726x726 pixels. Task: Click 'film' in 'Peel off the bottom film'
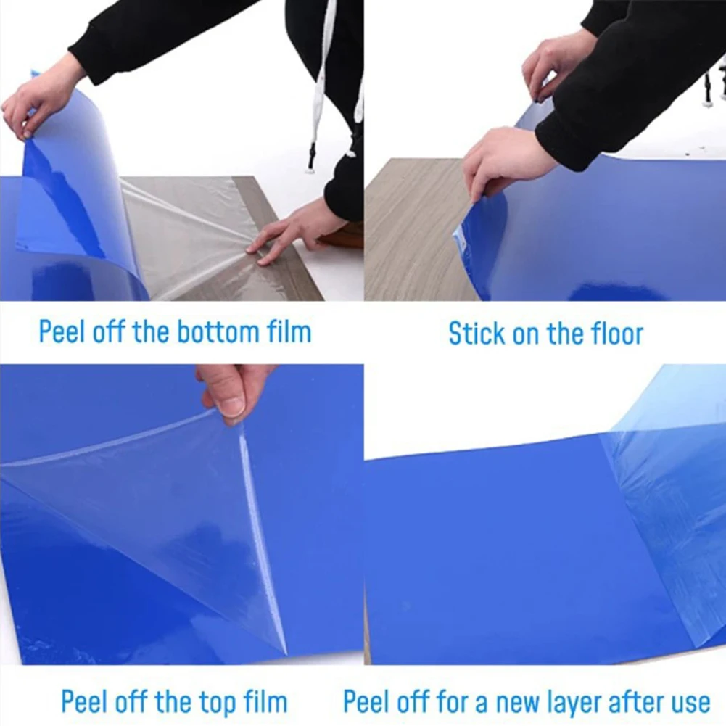289,332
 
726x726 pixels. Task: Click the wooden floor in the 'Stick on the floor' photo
410,239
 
